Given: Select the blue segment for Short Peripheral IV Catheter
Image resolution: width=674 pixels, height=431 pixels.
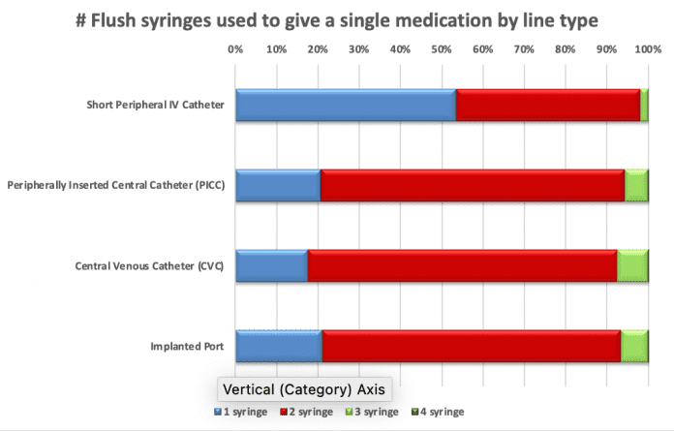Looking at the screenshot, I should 345,105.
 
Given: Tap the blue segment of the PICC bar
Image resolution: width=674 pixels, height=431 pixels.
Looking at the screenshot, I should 278,185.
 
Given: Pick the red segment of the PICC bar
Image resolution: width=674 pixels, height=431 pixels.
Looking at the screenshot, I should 472,185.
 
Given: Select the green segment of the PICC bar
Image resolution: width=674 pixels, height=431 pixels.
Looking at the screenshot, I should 636,185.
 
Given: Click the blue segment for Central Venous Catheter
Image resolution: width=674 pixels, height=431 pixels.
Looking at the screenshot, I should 271,265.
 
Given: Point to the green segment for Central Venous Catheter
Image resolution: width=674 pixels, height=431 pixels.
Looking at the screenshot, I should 632,265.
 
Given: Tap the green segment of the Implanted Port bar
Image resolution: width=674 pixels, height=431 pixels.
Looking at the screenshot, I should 634,346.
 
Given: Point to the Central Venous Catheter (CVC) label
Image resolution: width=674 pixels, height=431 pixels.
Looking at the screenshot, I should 149,265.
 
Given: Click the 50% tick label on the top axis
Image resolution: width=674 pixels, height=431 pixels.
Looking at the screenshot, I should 441,48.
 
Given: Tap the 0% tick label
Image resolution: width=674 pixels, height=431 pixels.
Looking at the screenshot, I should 235,48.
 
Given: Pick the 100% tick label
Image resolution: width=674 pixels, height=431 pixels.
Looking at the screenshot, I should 646,48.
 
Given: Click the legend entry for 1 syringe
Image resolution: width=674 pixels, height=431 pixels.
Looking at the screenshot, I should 242,412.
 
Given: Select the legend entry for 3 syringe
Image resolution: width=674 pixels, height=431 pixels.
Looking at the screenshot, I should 372,412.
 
